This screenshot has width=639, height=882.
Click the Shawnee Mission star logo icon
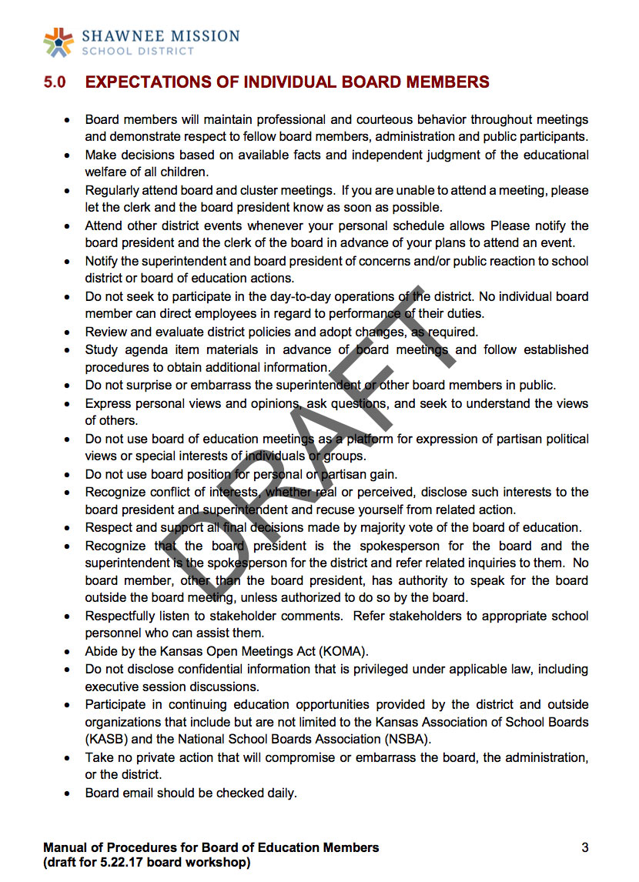[x=59, y=42]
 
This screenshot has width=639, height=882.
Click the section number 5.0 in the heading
[x=54, y=82]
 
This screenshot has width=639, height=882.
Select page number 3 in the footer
[x=585, y=847]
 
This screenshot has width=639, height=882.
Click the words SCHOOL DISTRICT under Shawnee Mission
[x=138, y=51]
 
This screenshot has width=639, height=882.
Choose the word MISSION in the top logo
[x=199, y=35]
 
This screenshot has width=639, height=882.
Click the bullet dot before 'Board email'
[x=69, y=793]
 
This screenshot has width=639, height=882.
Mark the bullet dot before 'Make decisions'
[x=69, y=155]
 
